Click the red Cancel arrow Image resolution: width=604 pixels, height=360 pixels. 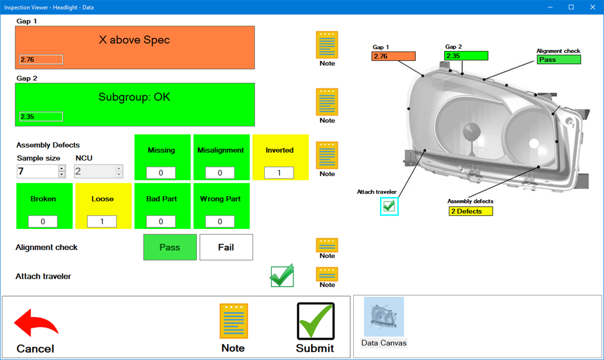36,324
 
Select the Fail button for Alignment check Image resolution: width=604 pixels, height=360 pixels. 226,247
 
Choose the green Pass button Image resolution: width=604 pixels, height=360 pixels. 170,247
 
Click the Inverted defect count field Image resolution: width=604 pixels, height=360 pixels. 279,173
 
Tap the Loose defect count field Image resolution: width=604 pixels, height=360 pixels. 102,221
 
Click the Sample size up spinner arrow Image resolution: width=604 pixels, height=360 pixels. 62,168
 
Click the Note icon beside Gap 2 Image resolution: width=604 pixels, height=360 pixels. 327,102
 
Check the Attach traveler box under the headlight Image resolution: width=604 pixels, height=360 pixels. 389,206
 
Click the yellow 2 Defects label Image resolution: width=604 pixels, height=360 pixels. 471,211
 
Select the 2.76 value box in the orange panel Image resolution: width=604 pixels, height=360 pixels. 41,60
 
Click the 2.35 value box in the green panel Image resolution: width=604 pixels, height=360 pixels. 41,116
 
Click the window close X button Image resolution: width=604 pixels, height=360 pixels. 592,7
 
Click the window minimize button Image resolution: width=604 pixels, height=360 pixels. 550,7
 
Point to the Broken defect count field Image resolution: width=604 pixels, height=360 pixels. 43,221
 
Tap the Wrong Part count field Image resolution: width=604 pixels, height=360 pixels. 220,221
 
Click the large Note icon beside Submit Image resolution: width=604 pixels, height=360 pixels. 233,321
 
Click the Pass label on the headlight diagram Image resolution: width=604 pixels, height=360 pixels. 559,60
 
